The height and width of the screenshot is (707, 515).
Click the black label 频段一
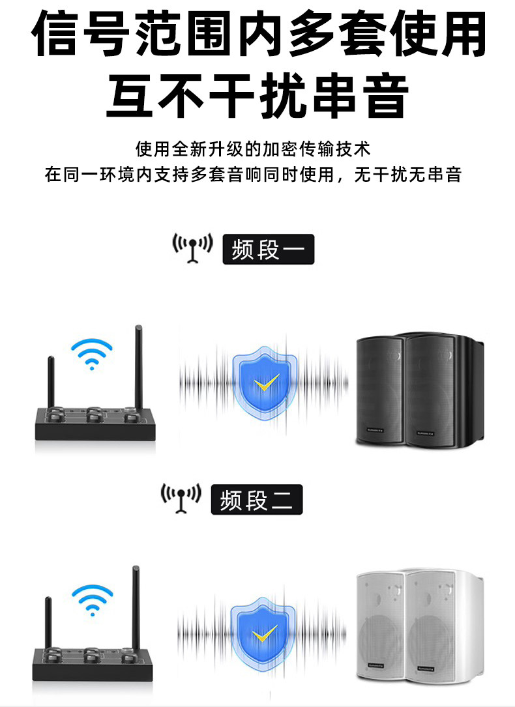click(268, 250)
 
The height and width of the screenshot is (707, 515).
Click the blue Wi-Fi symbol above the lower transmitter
click(92, 599)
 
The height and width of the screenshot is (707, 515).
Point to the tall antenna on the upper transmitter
click(138, 365)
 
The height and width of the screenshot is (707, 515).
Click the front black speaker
click(381, 391)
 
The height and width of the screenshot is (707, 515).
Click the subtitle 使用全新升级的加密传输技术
click(252, 149)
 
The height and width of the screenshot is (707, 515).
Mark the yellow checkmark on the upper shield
click(265, 384)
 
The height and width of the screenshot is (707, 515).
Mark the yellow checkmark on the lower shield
click(265, 633)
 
